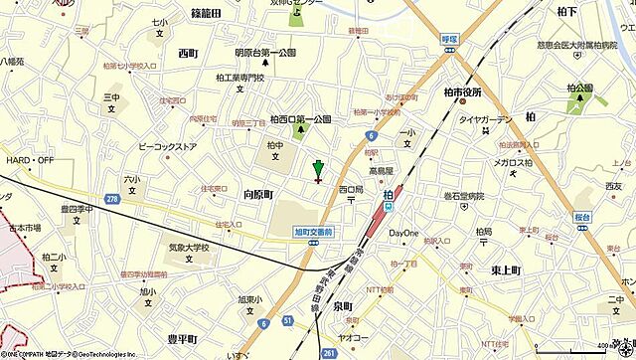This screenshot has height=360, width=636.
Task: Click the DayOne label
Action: pyautogui.click(x=402, y=233)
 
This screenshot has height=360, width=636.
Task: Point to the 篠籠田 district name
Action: pyautogui.click(x=206, y=12)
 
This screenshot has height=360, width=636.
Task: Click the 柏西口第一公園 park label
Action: pyautogui.click(x=300, y=119)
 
